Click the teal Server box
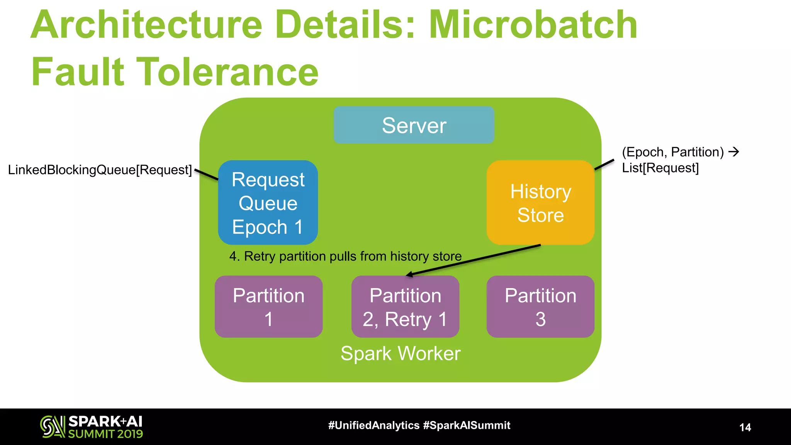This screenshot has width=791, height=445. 414,125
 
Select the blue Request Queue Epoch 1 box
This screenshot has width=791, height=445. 268,202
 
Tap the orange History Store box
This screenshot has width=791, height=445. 540,203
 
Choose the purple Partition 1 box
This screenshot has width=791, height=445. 268,307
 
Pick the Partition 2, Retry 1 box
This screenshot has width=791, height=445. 405,307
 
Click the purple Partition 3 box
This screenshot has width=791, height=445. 540,307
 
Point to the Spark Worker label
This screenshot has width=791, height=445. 401,353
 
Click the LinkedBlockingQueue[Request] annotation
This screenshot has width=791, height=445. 100,170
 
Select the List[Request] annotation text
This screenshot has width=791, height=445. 660,168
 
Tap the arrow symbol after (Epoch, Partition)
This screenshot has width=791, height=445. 733,152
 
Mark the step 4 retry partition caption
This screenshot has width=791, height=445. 345,256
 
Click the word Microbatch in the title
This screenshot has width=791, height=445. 533,25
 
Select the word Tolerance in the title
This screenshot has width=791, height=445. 227,72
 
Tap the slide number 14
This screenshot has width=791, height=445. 745,427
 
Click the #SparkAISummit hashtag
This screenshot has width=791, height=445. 467,425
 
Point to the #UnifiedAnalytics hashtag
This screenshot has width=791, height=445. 373,425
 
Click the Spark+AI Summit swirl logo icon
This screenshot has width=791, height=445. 53,426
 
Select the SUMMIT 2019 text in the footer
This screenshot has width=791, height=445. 105,434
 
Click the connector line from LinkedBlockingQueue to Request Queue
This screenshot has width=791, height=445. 207,175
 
